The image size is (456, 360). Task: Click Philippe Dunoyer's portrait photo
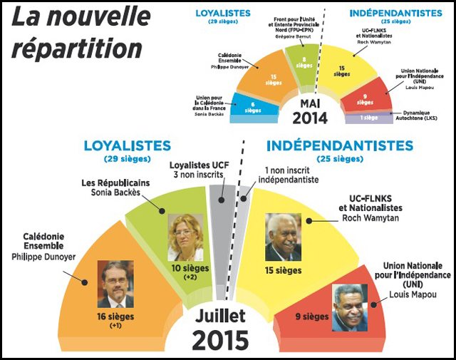pos(115,284)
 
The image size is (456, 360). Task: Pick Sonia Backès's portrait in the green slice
pos(185,237)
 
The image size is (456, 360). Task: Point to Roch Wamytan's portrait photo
pos(284,237)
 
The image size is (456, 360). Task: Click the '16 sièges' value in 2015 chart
pos(115,317)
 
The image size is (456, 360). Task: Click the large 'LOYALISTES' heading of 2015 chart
pos(127,145)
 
